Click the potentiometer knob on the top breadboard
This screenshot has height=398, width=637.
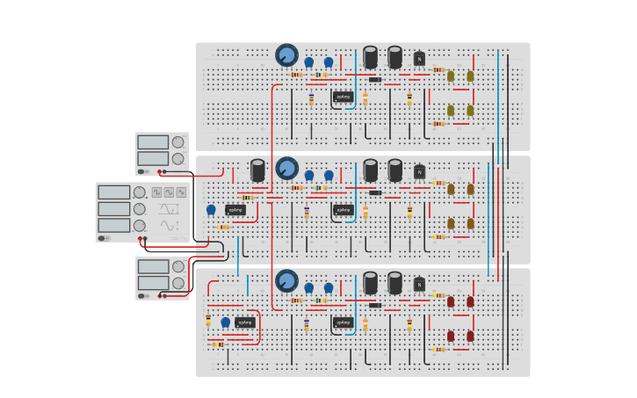(286, 55)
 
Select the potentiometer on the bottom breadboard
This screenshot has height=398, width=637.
(286, 281)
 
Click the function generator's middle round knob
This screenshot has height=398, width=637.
(139, 209)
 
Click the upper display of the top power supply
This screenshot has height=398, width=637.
(152, 142)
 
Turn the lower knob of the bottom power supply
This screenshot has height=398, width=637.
(178, 283)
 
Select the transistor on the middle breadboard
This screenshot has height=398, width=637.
(419, 172)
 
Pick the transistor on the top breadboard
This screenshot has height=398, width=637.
(419, 59)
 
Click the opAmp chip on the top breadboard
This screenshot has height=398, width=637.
(343, 97)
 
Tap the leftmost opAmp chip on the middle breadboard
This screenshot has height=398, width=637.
(235, 210)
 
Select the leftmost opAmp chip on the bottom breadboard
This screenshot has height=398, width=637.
(245, 322)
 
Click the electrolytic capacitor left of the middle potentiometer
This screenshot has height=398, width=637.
(257, 170)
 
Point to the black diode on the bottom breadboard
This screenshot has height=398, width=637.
(375, 305)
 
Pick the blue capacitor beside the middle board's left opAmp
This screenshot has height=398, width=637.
(211, 209)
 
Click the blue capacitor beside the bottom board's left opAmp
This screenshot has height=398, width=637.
(225, 322)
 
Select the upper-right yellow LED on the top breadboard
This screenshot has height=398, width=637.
(470, 76)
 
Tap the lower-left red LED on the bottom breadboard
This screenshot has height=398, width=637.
(451, 336)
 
